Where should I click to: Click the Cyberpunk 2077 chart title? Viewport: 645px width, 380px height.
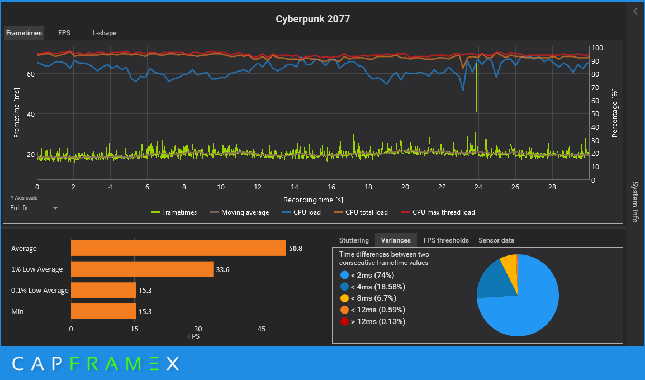pyautogui.click(x=312, y=19)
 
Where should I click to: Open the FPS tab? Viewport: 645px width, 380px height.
pyautogui.click(x=64, y=33)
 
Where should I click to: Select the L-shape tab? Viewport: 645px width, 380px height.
pyautogui.click(x=105, y=33)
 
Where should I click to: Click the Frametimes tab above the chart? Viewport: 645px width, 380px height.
pyautogui.click(x=24, y=33)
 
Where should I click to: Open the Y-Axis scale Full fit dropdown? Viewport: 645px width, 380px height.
pyautogui.click(x=34, y=208)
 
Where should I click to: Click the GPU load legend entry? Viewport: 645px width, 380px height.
pyautogui.click(x=302, y=212)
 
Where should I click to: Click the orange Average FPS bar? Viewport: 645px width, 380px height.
pyautogui.click(x=178, y=248)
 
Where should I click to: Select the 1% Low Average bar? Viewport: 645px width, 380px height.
pyautogui.click(x=142, y=269)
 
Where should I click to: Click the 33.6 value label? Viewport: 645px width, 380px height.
pyautogui.click(x=223, y=269)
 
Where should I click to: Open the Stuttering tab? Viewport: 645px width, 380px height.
pyautogui.click(x=354, y=240)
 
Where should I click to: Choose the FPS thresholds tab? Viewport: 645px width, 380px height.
pyautogui.click(x=446, y=240)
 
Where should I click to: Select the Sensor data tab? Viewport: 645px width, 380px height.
pyautogui.click(x=496, y=240)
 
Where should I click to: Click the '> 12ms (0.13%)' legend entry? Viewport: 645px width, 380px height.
pyautogui.click(x=372, y=321)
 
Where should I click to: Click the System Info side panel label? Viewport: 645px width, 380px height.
pyautogui.click(x=635, y=201)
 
